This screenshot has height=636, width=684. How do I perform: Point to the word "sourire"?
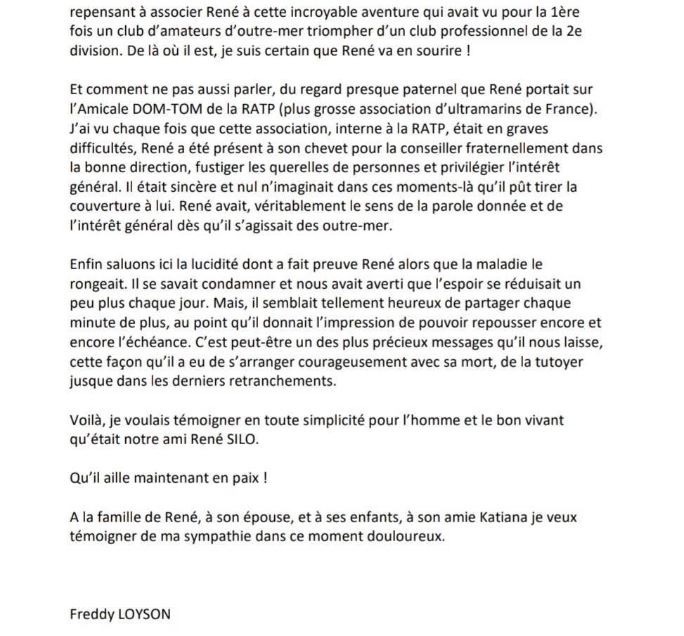(x=434, y=51)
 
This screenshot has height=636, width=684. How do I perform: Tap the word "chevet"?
(x=307, y=149)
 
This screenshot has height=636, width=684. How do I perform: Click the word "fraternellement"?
(x=499, y=149)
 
